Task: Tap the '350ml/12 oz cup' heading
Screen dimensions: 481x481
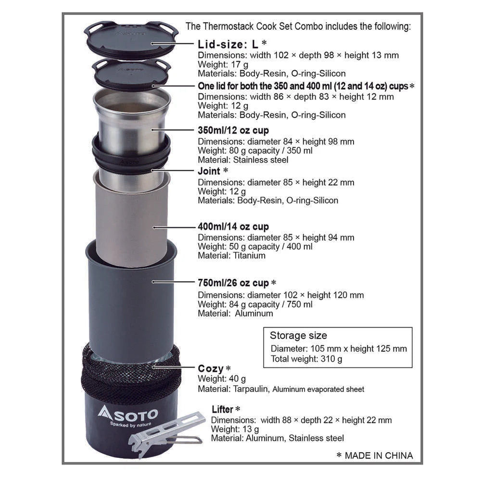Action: (233, 130)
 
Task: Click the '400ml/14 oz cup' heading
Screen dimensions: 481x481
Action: (233, 227)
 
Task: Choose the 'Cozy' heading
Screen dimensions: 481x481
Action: (211, 369)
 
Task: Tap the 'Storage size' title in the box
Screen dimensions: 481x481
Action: (298, 336)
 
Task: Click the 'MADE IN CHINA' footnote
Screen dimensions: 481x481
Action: (379, 455)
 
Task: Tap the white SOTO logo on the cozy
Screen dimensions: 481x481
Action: (127, 413)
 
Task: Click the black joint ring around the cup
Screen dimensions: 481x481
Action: (131, 154)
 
